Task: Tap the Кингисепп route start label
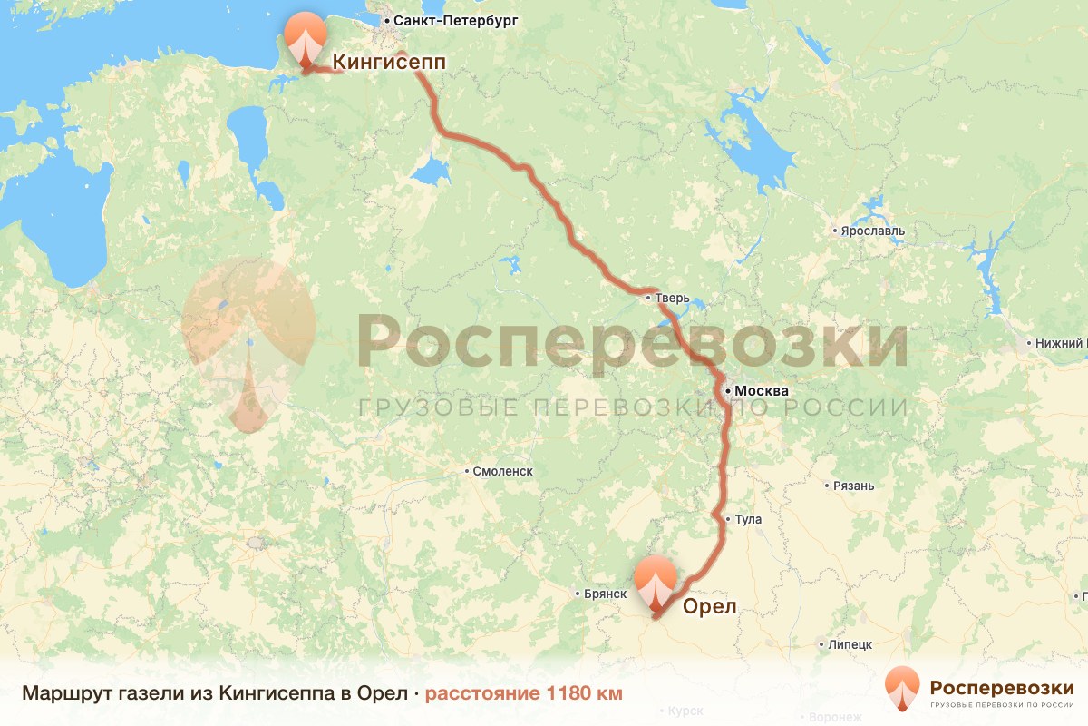(x=390, y=62)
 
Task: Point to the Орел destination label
(x=709, y=606)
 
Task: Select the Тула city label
(x=749, y=520)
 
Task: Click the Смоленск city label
(x=503, y=471)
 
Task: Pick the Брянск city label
(x=606, y=594)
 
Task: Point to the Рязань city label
(x=854, y=486)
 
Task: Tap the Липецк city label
(x=850, y=644)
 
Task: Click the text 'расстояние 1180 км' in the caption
(x=524, y=693)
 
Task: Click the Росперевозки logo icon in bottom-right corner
(x=902, y=688)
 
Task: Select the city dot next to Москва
(x=728, y=391)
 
